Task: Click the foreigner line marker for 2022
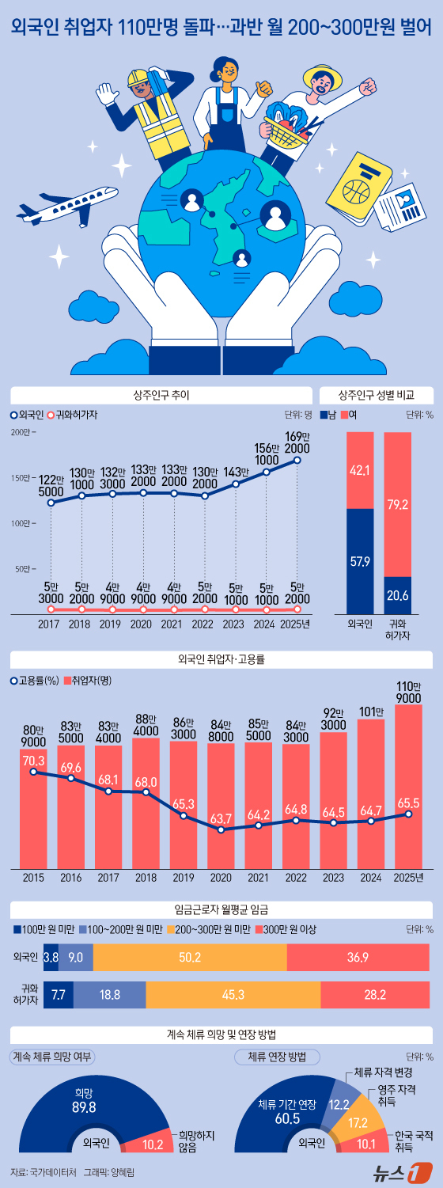[x=205, y=495]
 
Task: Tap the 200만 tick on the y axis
[x=21, y=432]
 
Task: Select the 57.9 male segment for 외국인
[x=360, y=561]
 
